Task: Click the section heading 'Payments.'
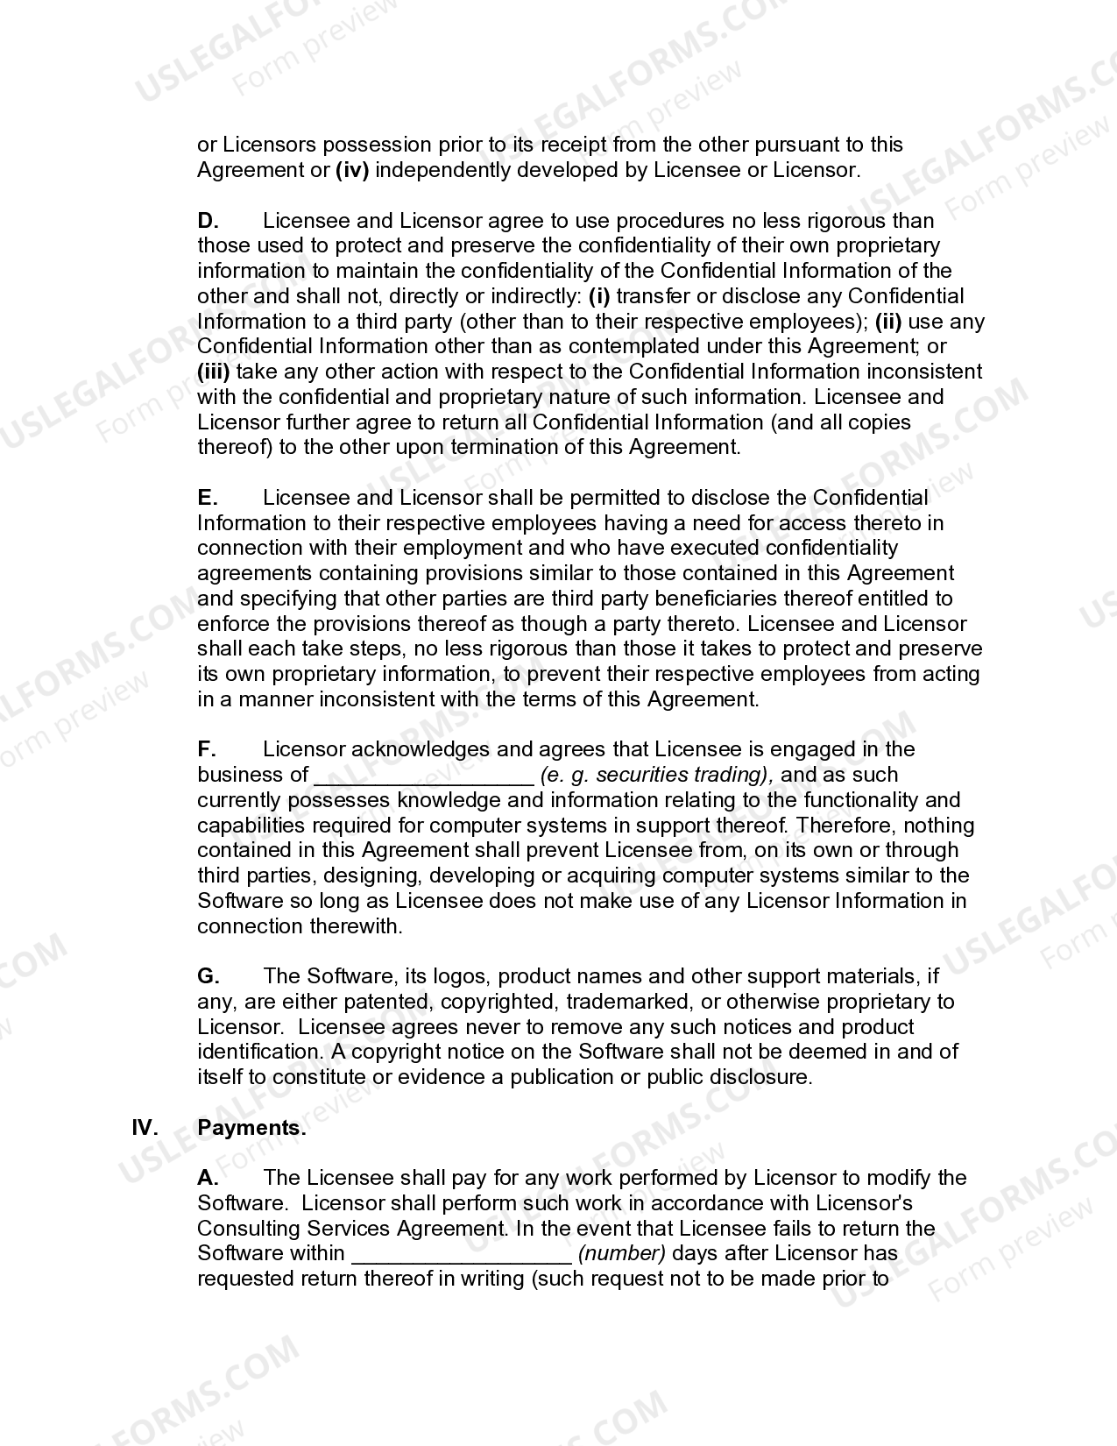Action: coord(252,1128)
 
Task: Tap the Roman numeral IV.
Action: coord(145,1128)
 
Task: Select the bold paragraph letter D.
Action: coord(208,220)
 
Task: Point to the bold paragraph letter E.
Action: coord(208,498)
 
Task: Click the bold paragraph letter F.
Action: coord(207,749)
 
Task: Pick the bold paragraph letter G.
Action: coord(209,976)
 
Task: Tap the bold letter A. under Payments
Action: coord(208,1178)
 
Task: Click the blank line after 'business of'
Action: coord(423,776)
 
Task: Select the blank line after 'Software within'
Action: coord(462,1256)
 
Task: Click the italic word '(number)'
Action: coord(622,1253)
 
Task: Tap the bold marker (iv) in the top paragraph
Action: coord(352,170)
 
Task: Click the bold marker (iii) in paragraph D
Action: coord(213,372)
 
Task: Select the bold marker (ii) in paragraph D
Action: coord(894,322)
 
